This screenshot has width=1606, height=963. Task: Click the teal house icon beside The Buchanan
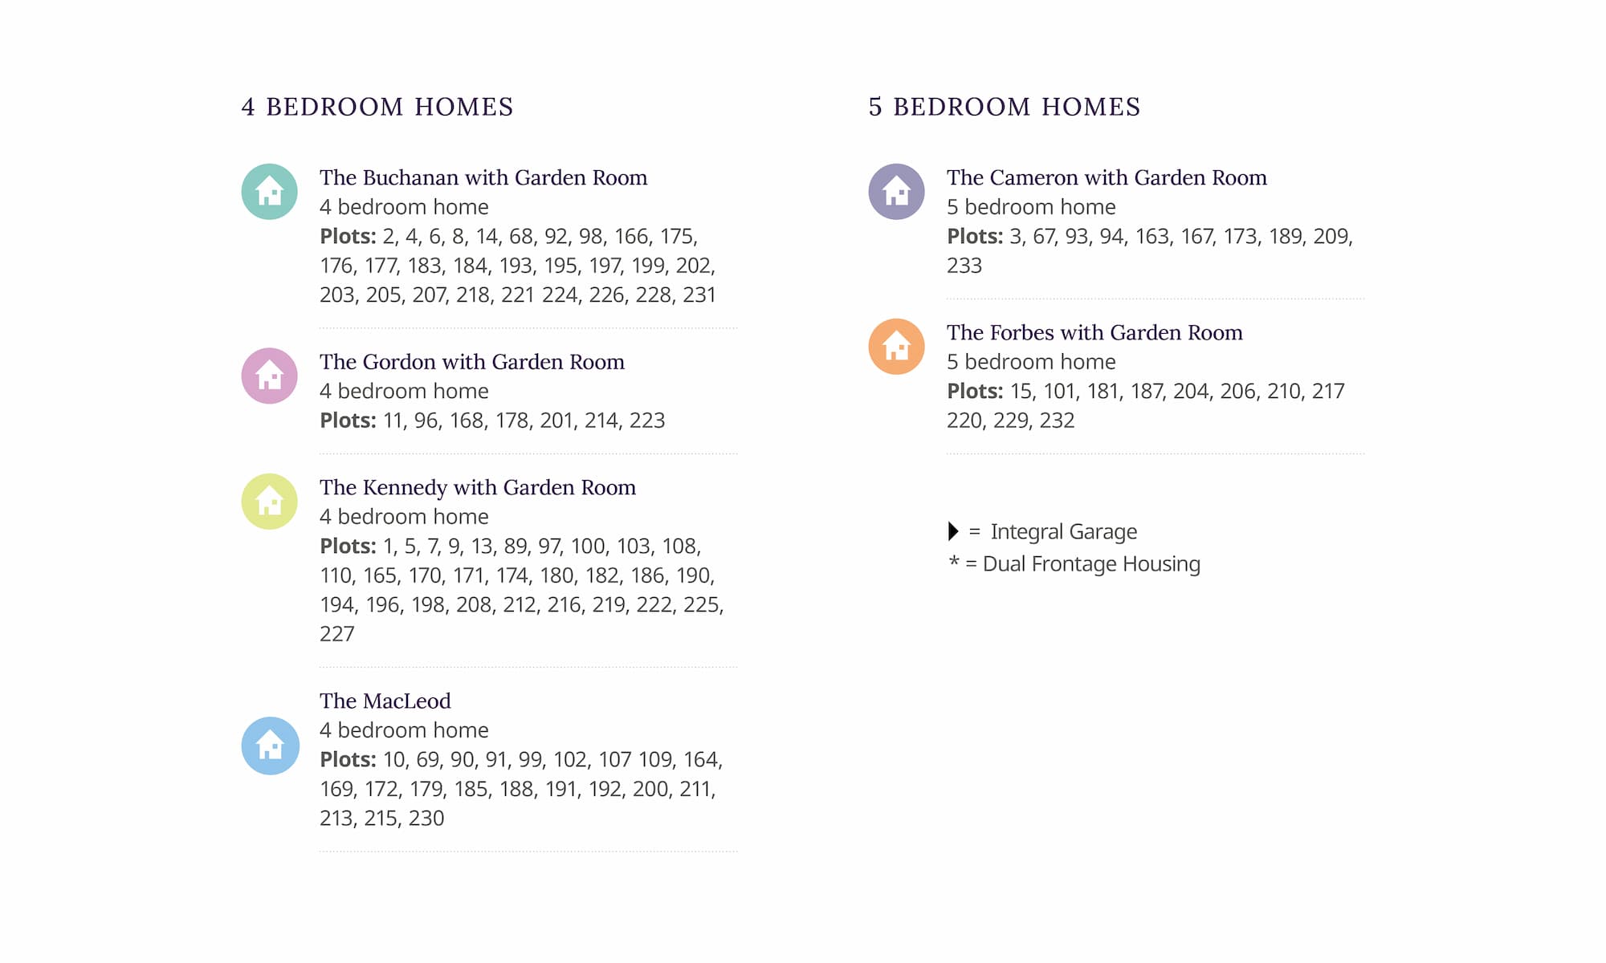tap(270, 192)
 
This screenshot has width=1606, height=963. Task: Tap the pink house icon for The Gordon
tap(270, 376)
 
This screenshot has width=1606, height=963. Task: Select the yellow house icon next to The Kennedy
tap(270, 502)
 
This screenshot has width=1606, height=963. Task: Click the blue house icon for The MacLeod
tap(270, 746)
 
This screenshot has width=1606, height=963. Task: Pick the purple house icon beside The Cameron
tap(896, 192)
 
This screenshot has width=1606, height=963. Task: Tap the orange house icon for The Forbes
tap(896, 347)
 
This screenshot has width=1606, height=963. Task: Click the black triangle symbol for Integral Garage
tap(953, 531)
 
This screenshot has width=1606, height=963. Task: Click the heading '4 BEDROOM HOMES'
tap(377, 107)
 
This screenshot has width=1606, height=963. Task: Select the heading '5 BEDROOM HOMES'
tap(1005, 107)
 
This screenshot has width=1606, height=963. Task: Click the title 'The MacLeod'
tap(385, 701)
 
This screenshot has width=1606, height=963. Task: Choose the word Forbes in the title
tap(1021, 332)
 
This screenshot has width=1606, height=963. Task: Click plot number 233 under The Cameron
tap(964, 266)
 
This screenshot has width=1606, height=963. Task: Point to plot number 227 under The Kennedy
tap(336, 634)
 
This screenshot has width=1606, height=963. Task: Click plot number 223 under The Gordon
tap(647, 421)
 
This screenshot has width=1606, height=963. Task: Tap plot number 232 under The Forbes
tap(1057, 421)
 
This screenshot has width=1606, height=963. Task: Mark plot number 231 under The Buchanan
tap(699, 295)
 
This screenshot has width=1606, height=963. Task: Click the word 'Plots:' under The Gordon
tap(348, 421)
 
